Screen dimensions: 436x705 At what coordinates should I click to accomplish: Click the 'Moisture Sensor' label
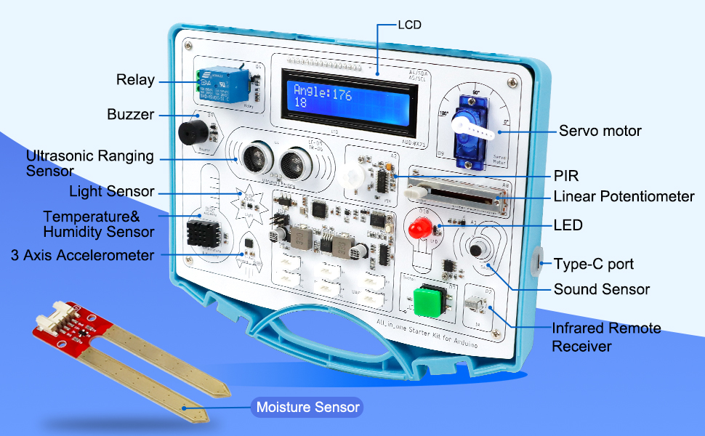pos(308,407)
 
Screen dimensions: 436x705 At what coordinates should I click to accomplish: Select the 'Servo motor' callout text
pos(600,132)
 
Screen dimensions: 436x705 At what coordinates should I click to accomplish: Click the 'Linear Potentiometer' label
pos(624,197)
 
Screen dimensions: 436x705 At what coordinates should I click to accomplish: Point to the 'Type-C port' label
pos(593,264)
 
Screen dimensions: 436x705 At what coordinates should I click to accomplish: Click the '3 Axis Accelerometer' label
pos(83,255)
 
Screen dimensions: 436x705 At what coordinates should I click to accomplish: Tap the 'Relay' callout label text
pos(135,80)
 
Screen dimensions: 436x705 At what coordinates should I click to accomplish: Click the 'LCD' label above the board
pos(409,25)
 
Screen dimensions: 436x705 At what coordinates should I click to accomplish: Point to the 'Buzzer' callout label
pos(130,115)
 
